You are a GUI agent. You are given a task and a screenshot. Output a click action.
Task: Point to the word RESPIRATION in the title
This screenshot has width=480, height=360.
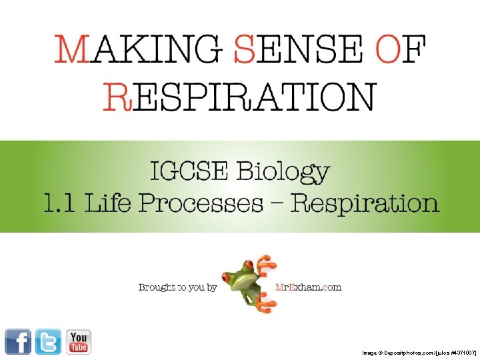click(x=239, y=97)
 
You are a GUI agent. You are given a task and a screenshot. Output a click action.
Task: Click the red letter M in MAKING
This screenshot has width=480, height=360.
click(x=71, y=49)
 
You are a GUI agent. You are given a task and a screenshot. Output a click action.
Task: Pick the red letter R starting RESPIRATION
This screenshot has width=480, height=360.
click(x=115, y=97)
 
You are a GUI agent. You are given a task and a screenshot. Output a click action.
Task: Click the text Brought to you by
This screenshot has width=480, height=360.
click(x=177, y=287)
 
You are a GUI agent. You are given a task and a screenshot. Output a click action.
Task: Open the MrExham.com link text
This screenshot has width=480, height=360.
click(x=308, y=287)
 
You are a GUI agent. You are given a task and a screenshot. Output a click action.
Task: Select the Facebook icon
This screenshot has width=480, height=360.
click(x=18, y=341)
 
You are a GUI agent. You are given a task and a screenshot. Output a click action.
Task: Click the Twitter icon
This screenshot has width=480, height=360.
click(x=48, y=341)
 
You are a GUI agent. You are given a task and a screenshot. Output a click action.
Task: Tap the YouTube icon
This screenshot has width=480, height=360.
click(x=78, y=341)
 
